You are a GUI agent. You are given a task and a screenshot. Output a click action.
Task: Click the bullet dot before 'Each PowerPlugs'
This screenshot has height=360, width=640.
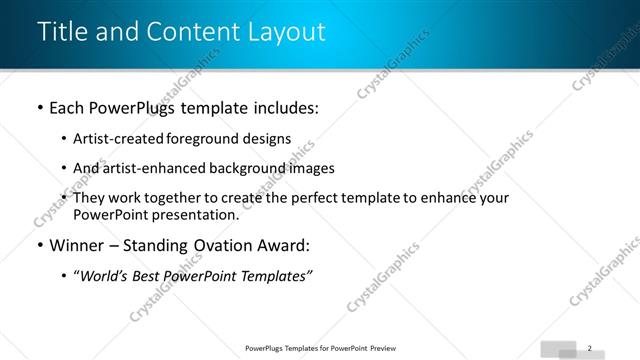pos(39,108)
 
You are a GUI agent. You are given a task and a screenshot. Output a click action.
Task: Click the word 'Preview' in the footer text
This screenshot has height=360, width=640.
pos(386,348)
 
